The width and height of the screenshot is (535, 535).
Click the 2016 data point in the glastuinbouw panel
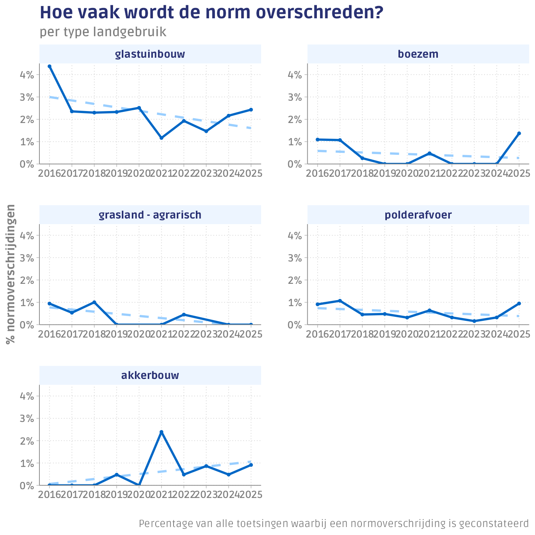[x=49, y=66]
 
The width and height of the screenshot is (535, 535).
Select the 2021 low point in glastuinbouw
[x=161, y=138]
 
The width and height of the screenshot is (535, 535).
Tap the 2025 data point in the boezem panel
[x=519, y=133]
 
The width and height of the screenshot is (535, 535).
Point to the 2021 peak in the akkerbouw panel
[x=161, y=432]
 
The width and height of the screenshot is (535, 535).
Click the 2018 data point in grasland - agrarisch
[x=94, y=302]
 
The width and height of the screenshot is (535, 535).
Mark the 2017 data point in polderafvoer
[x=340, y=301]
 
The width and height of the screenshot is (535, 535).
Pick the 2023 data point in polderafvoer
[x=474, y=321]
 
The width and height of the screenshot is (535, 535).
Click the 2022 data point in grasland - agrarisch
[x=184, y=314]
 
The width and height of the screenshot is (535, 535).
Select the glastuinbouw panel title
[x=150, y=54]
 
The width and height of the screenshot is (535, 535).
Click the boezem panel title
[x=418, y=54]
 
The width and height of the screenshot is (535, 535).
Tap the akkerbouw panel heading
[x=150, y=375]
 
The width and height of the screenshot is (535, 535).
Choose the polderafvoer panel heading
[x=418, y=215]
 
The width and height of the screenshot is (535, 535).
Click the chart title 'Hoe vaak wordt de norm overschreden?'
[x=211, y=13]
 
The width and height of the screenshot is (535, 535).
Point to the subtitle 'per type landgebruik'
[x=103, y=32]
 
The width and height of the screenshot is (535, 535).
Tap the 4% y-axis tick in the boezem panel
[x=295, y=75]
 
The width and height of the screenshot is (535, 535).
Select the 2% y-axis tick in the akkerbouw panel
[x=27, y=441]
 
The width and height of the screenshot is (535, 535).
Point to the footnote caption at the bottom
[x=334, y=524]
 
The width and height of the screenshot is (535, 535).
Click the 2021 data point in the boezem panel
[x=430, y=153]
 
